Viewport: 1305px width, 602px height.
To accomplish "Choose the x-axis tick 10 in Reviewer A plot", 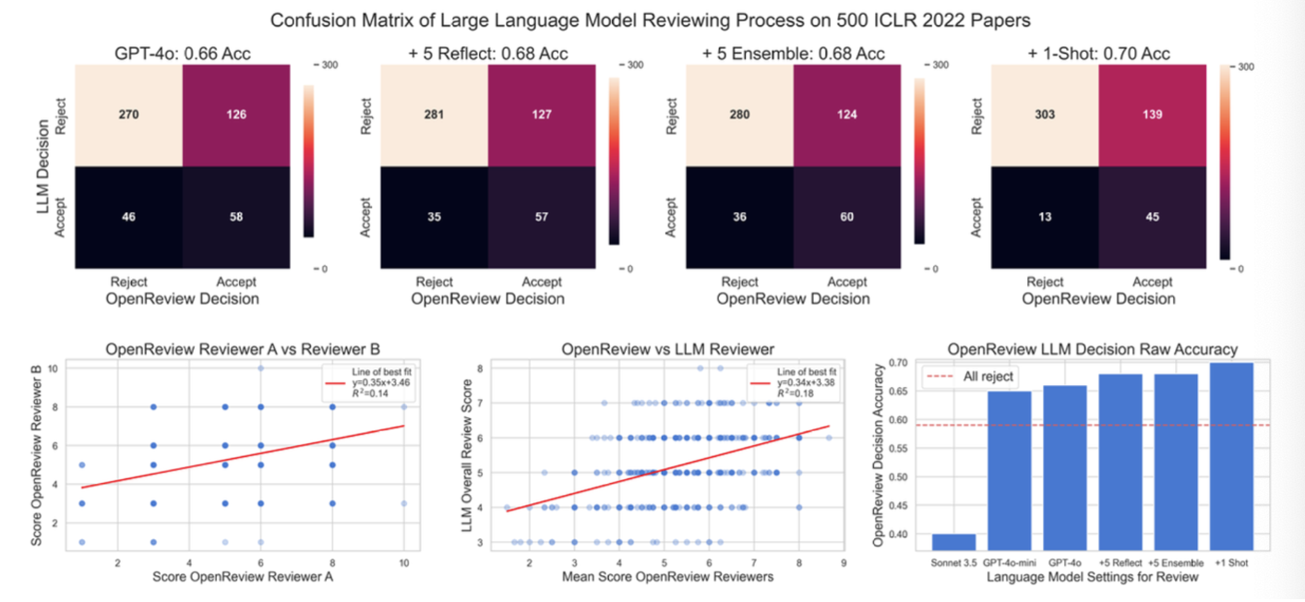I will pos(404,563).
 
